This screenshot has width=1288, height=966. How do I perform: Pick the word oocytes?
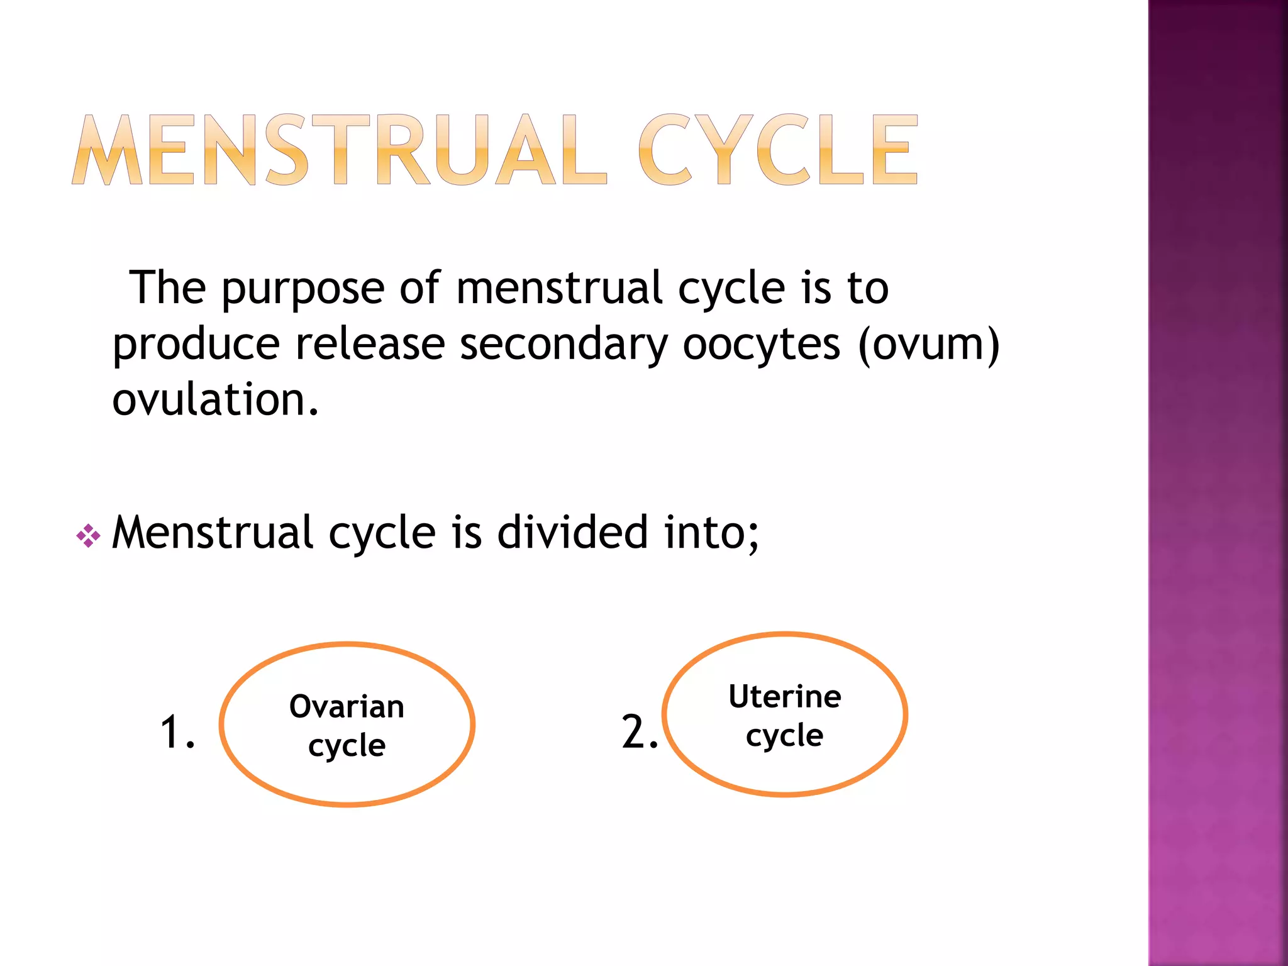(x=761, y=345)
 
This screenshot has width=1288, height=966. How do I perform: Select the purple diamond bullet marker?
(x=88, y=536)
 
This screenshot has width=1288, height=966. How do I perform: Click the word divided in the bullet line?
(x=572, y=532)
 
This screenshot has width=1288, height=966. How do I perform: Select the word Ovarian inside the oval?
(x=347, y=706)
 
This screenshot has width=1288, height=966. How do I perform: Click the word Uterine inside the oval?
(x=784, y=696)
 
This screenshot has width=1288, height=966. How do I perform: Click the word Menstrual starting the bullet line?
(x=212, y=532)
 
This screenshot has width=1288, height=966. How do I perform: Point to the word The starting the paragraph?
(x=167, y=288)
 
